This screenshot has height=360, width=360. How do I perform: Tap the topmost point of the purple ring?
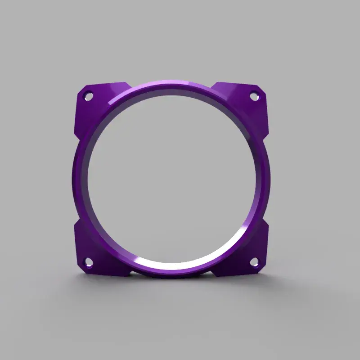(x=171, y=81)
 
